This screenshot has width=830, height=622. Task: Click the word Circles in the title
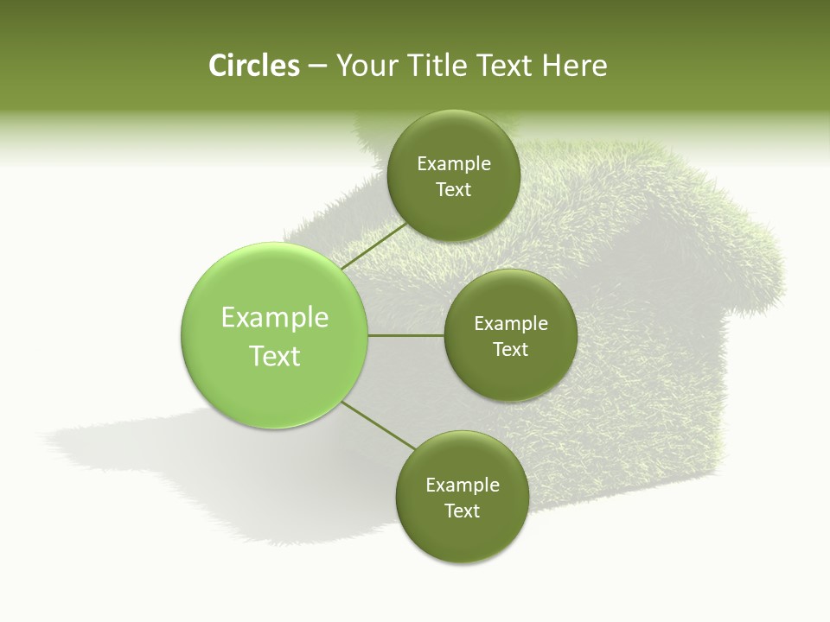click(x=253, y=66)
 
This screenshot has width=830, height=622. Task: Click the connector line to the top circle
click(x=374, y=245)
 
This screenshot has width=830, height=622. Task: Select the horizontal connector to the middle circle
click(x=405, y=335)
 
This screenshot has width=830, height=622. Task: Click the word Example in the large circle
click(x=274, y=318)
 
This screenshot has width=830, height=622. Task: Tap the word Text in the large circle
click(x=274, y=356)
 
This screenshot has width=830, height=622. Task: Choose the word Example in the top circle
click(x=454, y=164)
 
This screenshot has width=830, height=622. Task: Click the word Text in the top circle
click(x=454, y=190)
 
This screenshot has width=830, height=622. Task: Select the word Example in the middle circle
click(x=510, y=324)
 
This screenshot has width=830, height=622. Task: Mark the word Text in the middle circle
click(x=510, y=350)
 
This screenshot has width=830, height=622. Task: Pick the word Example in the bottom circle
click(x=462, y=486)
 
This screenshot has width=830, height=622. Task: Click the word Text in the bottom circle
click(x=462, y=511)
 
